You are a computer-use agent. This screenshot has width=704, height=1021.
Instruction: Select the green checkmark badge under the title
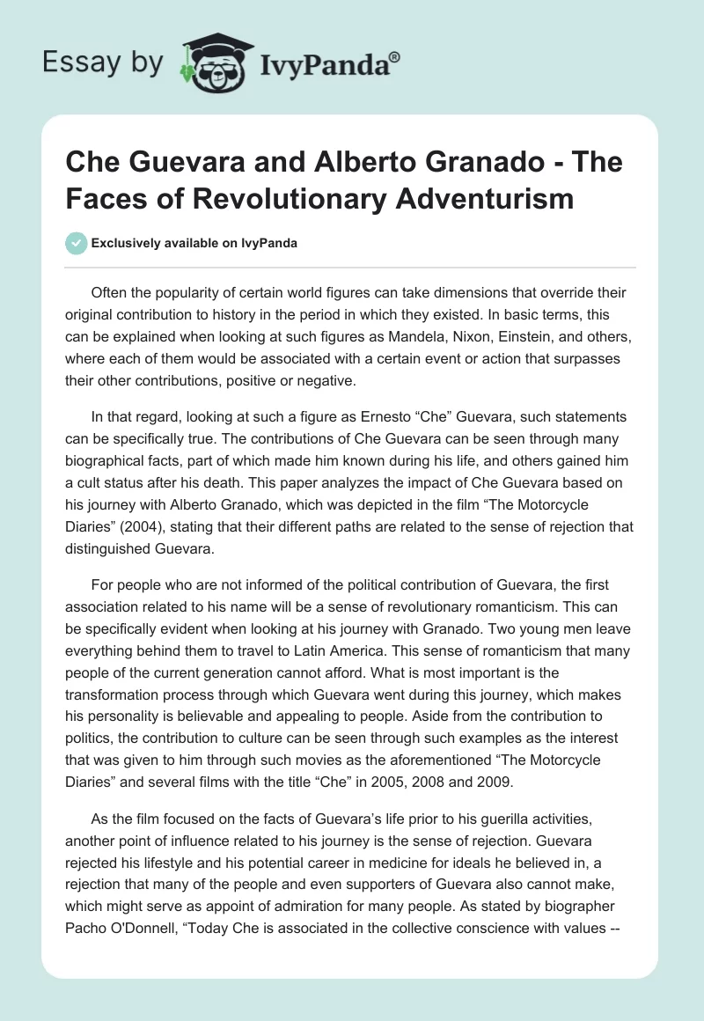point(76,243)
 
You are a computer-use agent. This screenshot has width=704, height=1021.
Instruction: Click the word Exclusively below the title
point(129,243)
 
